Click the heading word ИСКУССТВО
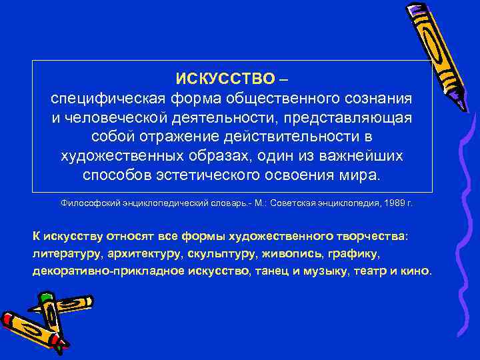tap(225, 79)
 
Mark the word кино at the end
tap(418, 271)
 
